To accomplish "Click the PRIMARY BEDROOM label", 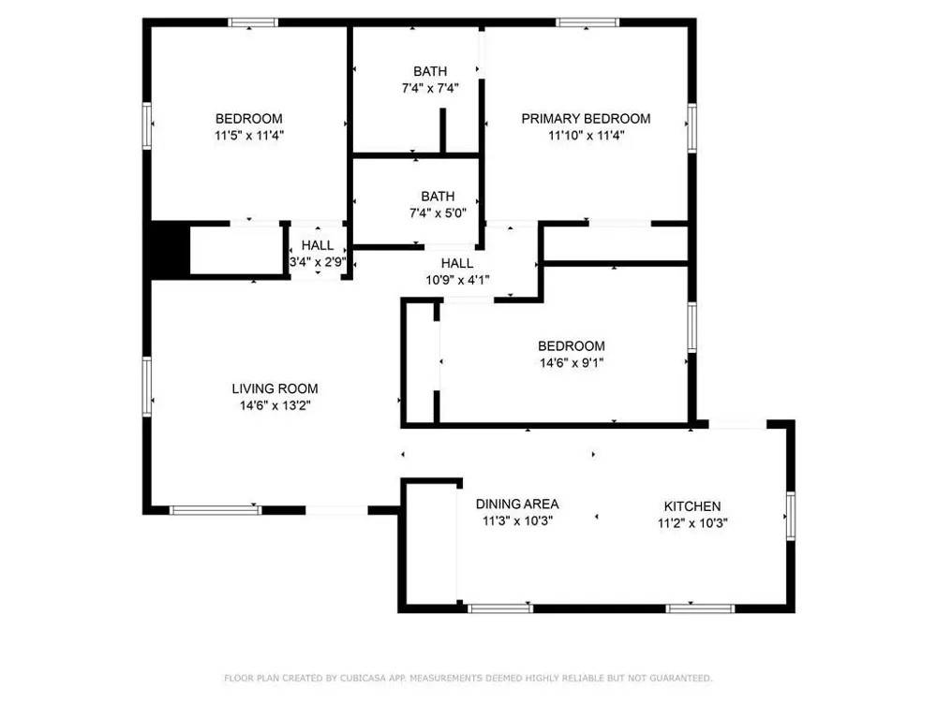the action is [586, 119].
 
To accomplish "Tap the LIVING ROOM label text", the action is [275, 388].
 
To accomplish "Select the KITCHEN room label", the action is [692, 506].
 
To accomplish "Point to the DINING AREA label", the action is [517, 504].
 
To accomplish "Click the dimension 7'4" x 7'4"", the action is [430, 88].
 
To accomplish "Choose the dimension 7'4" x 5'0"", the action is [438, 212].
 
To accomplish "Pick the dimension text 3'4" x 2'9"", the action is [318, 261].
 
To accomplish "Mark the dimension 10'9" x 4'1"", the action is [457, 279].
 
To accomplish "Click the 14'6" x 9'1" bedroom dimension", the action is [572, 362].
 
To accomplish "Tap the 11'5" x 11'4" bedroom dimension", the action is [249, 135].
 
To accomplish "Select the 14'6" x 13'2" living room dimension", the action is [275, 405].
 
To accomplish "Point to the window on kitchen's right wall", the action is [791, 517].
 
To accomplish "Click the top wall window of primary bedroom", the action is [587, 22].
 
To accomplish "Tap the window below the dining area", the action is [500, 608].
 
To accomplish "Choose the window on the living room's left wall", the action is [146, 387].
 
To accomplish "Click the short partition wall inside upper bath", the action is [443, 130].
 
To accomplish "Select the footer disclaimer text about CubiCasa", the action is [468, 678].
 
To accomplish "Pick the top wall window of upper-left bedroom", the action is [253, 22].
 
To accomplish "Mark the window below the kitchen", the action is [700, 608].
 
